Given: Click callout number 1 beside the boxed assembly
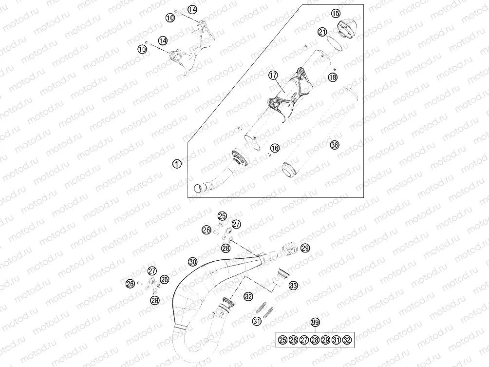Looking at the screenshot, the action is (x=177, y=164).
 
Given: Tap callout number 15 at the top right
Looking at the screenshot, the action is (x=336, y=14).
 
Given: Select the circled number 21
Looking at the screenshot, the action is (x=322, y=32).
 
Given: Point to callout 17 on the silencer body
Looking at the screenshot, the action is (x=273, y=75).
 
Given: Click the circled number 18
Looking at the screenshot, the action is (x=333, y=77).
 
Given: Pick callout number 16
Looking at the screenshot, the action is (x=275, y=148).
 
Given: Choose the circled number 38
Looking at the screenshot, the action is (x=335, y=145).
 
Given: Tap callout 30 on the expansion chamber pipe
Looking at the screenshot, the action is (x=193, y=262).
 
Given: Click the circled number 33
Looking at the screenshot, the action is (x=293, y=285).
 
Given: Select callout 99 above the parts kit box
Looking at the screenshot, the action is (x=315, y=322).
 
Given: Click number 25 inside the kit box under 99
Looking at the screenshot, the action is (x=282, y=340).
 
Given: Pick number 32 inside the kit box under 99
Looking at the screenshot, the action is (x=347, y=340).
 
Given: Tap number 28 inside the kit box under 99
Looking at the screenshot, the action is (x=315, y=340).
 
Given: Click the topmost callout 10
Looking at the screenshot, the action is (x=170, y=18).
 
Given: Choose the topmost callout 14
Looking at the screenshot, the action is (x=192, y=10).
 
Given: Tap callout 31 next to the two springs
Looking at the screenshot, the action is (x=257, y=321).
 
